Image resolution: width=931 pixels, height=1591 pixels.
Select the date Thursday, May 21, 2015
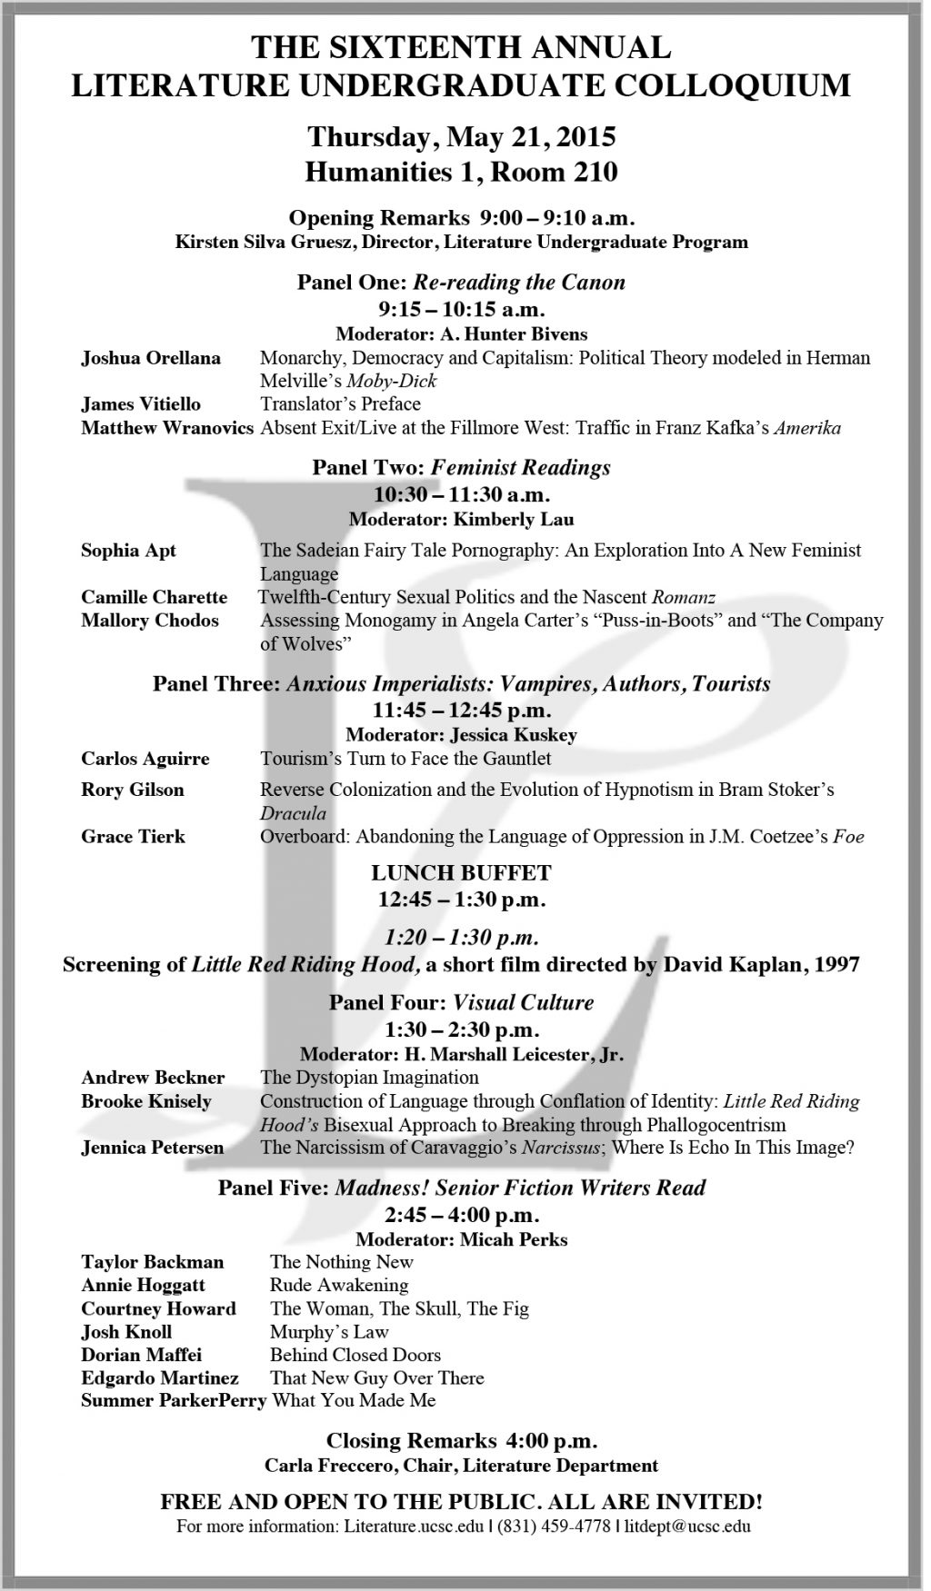coord(461,137)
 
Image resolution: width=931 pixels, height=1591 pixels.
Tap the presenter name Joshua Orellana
coord(151,358)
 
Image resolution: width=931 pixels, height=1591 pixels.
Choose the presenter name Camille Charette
coord(155,597)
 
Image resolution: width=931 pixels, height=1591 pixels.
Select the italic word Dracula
coord(293,813)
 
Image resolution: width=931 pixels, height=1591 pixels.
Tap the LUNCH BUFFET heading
coord(461,873)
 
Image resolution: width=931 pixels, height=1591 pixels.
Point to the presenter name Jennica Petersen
coord(153,1148)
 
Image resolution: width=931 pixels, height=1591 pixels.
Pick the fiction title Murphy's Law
coord(329,1332)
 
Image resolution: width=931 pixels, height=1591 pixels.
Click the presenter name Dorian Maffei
coord(142,1355)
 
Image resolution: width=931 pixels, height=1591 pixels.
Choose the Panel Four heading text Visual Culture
coord(523,1002)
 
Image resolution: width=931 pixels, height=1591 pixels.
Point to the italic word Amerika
coord(807,428)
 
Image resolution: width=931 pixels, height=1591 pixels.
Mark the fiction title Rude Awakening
coord(339,1285)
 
